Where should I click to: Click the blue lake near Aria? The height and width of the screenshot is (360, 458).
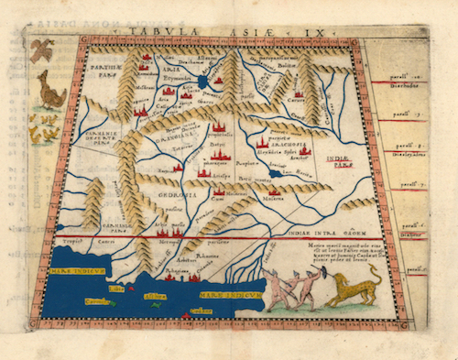click(202, 82)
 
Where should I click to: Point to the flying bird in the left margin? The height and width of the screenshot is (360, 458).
click(40, 51)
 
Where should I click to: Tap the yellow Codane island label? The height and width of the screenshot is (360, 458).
click(95, 301)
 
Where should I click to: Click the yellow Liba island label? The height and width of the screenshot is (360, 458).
click(116, 290)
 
